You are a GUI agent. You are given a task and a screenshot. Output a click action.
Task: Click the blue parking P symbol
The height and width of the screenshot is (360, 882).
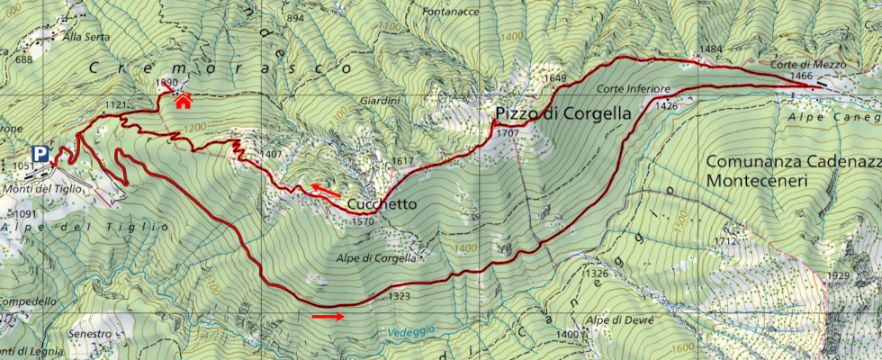pyautogui.click(x=40, y=154)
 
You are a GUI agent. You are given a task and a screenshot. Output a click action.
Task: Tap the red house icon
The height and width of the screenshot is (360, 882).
pyautogui.click(x=184, y=100)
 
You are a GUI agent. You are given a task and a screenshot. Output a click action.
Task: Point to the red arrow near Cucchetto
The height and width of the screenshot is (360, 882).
pyautogui.click(x=326, y=189)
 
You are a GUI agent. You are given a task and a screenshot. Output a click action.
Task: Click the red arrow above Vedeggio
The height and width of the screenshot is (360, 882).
pyautogui.click(x=328, y=316)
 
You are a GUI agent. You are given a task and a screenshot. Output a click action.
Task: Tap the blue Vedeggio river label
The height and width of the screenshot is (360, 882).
pyautogui.click(x=412, y=331)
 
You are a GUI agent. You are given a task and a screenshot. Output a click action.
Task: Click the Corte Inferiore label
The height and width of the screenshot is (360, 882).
pyautogui.click(x=633, y=89)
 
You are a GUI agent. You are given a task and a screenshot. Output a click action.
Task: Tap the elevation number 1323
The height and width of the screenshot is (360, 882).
pyautogui.click(x=400, y=295)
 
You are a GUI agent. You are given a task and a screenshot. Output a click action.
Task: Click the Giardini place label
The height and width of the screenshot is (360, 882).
pyautogui.click(x=378, y=100)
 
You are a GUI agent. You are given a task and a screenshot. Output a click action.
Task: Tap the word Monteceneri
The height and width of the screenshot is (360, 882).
pyautogui.click(x=758, y=181)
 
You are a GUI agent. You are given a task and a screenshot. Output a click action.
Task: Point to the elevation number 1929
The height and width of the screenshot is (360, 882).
pyautogui.click(x=838, y=275)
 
